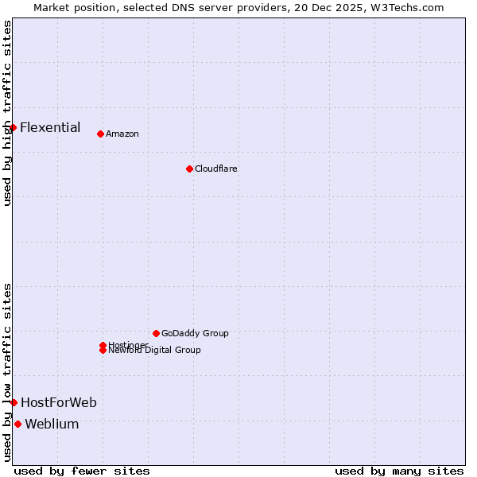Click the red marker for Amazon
[x=100, y=134]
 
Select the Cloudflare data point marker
[x=189, y=169]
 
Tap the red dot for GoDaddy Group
[x=156, y=333]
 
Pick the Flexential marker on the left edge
[x=14, y=127]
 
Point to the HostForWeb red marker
[x=14, y=402]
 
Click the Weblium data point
[x=18, y=424]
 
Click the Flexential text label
[x=50, y=127]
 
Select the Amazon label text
[x=122, y=134]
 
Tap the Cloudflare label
[x=215, y=169]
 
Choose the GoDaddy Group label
[x=195, y=333]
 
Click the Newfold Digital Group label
[x=155, y=350]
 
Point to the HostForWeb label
[x=59, y=402]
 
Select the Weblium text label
[x=52, y=424]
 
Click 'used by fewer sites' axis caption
[x=82, y=471]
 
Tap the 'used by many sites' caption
[x=399, y=471]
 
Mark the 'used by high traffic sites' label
[x=7, y=113]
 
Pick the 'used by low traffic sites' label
[x=7, y=372]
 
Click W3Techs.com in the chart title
[x=410, y=7]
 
